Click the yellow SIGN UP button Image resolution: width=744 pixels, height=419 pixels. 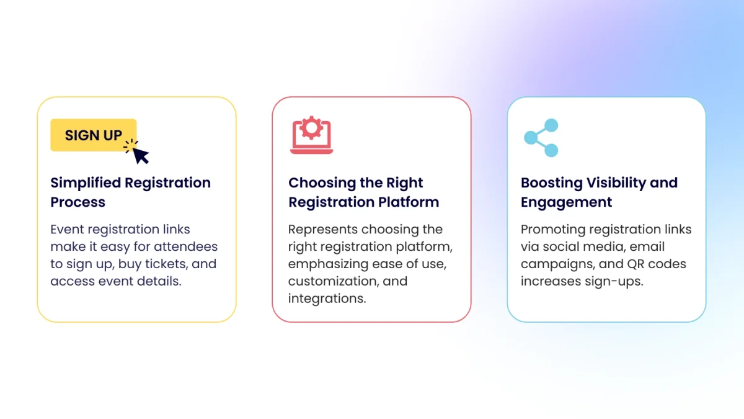93,135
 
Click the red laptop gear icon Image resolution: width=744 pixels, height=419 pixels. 311,136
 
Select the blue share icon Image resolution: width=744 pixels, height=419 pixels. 541,138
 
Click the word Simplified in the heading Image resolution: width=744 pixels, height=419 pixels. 86,183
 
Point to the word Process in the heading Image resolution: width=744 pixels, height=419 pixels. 77,202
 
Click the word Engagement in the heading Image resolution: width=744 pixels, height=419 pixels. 566,202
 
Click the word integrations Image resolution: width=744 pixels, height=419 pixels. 326,299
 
